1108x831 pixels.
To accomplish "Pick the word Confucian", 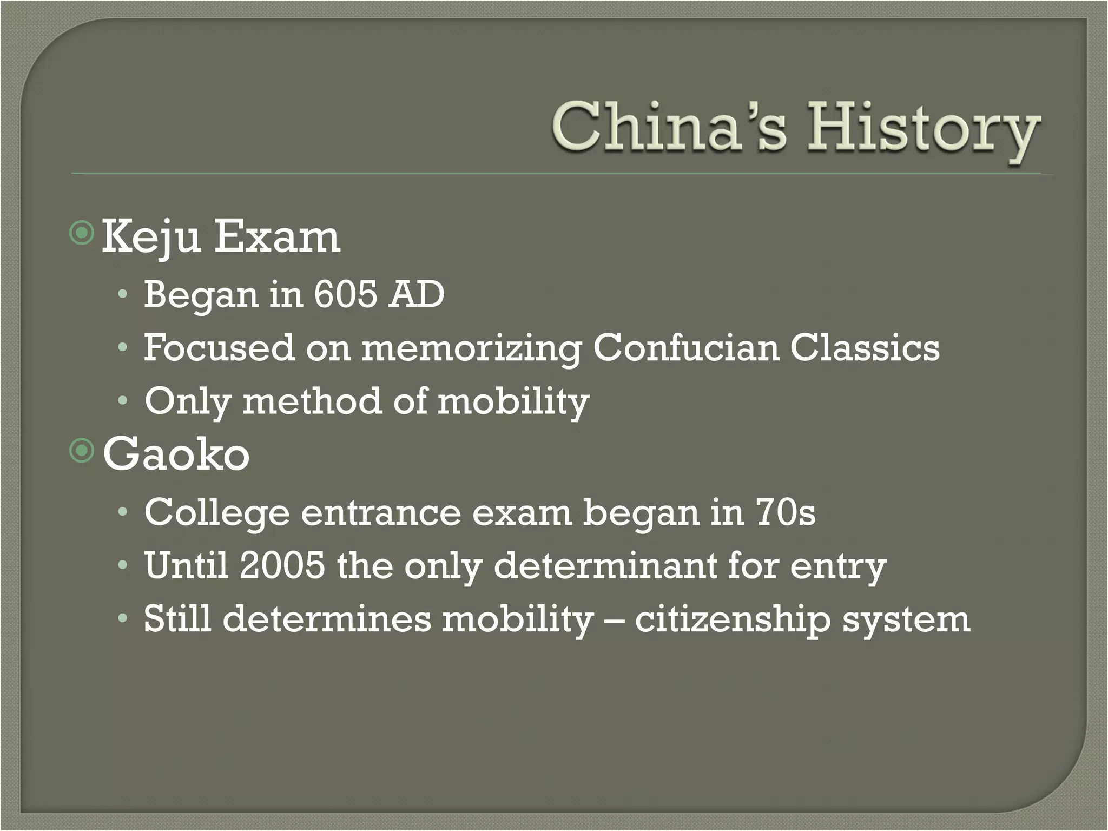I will [686, 347].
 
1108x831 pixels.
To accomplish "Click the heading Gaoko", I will [176, 454].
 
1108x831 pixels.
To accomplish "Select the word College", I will [217, 513].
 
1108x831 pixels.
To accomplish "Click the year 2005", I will [282, 565].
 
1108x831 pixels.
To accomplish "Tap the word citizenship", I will [733, 620].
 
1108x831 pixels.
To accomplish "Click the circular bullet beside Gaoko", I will [82, 451].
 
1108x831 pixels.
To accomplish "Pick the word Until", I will [186, 565].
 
